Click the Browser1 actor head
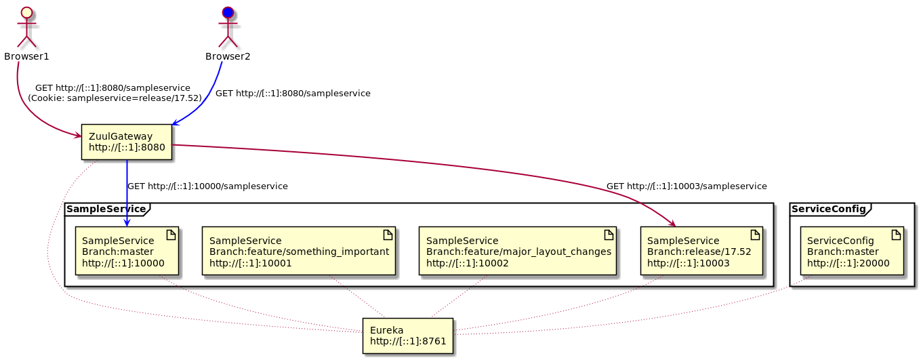[x=26, y=12]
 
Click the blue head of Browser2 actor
[x=228, y=12]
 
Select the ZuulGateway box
[x=126, y=142]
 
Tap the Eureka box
[x=407, y=336]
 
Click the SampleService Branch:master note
[x=126, y=251]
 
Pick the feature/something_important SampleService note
[x=298, y=251]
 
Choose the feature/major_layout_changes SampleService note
[x=517, y=251]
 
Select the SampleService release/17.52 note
[x=701, y=251]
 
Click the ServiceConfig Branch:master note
[x=852, y=251]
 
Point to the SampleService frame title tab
[x=106, y=209]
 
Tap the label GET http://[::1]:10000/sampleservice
[x=207, y=186]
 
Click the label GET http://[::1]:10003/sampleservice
[x=687, y=186]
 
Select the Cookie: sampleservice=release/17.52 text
[x=115, y=98]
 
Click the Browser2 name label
[x=228, y=56]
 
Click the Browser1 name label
[x=26, y=56]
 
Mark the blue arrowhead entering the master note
[x=127, y=223]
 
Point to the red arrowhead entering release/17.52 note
[x=672, y=224]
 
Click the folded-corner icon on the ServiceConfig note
[x=895, y=234]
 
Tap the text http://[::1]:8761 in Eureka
[x=408, y=341]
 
